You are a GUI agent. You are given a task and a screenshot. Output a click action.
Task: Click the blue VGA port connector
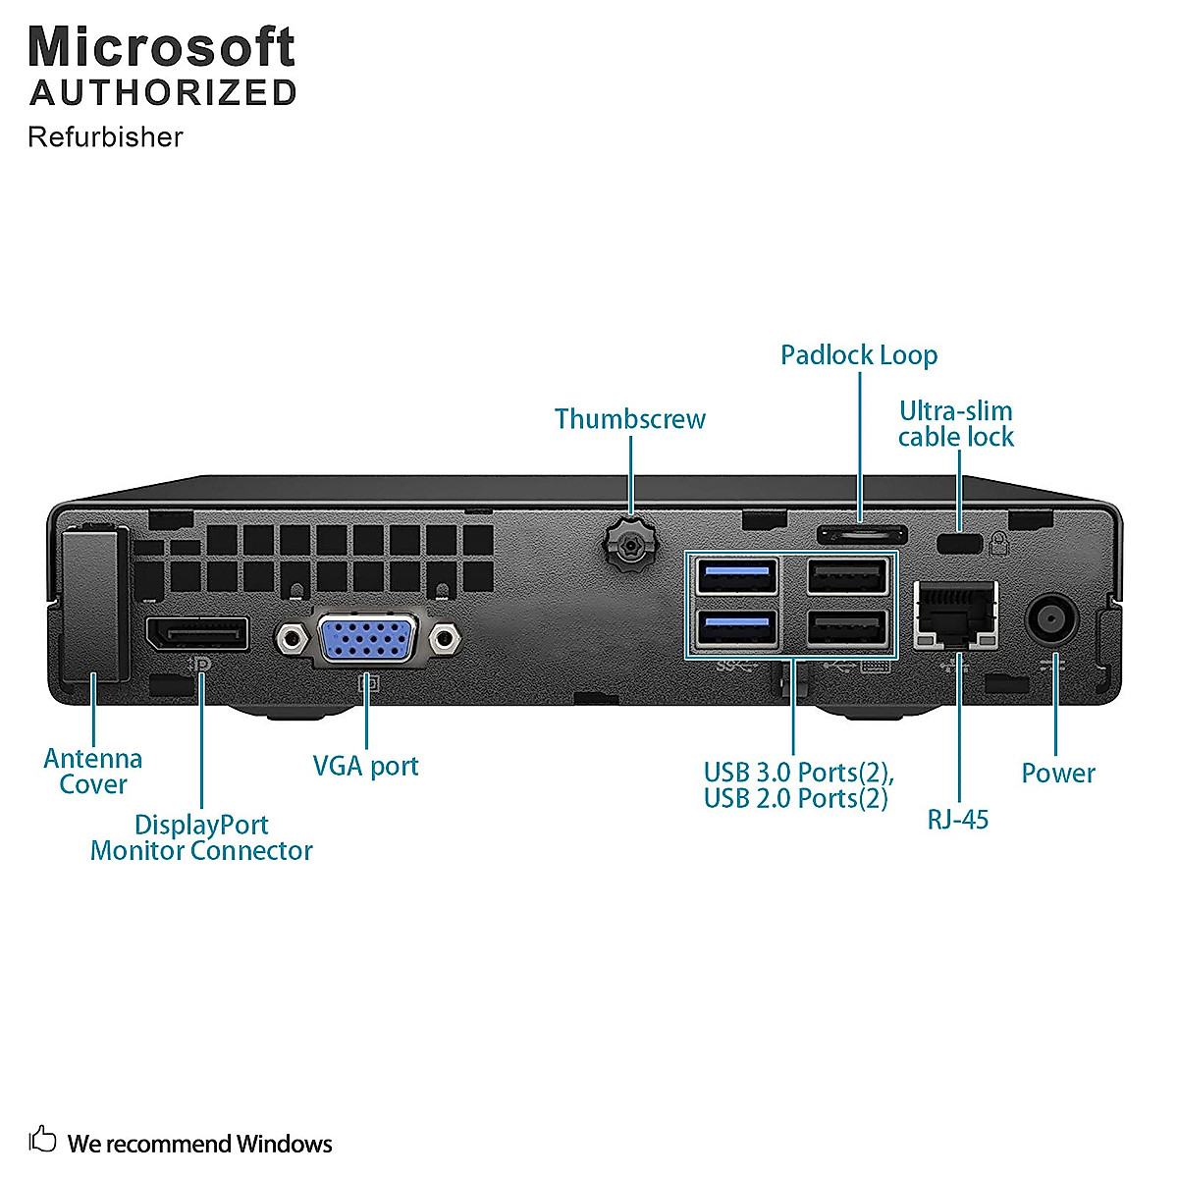[368, 639]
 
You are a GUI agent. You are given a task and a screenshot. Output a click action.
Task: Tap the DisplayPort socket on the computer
[197, 633]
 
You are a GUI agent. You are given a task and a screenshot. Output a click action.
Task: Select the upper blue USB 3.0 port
[736, 576]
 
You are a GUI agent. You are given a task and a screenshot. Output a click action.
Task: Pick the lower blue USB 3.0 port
[736, 628]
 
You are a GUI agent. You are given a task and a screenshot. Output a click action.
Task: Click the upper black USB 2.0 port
[847, 576]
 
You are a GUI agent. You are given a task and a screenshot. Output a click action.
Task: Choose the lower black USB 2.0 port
[847, 628]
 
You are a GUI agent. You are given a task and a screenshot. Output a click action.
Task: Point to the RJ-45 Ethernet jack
[955, 615]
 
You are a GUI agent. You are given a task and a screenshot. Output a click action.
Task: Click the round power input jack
[1051, 619]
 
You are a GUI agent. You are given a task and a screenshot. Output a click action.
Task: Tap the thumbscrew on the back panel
[629, 543]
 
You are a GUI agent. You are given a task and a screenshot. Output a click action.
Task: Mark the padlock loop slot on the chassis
[862, 534]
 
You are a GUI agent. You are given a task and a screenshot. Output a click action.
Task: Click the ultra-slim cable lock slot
[959, 544]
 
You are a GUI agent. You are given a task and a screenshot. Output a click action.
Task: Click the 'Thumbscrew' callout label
[629, 419]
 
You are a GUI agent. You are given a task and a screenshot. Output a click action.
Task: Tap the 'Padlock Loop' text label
[859, 355]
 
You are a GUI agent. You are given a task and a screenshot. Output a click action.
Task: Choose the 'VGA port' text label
[365, 766]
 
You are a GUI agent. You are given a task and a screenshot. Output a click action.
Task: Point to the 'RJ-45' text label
[958, 820]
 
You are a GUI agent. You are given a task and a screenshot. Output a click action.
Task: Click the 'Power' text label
[1058, 774]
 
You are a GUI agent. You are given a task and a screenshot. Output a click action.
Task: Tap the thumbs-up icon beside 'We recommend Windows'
[42, 1139]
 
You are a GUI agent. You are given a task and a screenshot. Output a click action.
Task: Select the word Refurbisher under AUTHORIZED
[105, 136]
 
